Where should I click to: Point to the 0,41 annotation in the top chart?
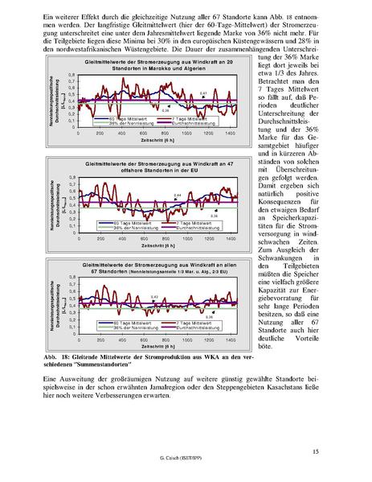[203, 94]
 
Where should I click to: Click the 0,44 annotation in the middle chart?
[178, 196]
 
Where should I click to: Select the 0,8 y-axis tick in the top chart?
[72, 74]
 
